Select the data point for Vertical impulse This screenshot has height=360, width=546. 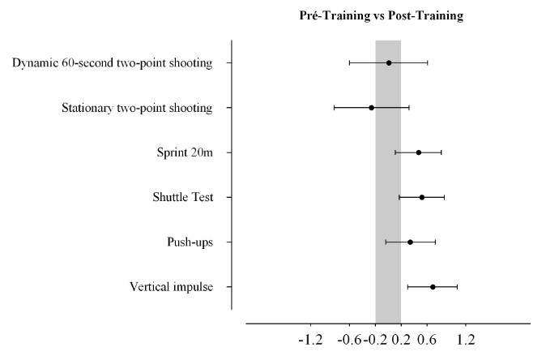(433, 287)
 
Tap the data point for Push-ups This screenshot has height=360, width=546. (410, 242)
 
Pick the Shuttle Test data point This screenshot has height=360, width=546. (422, 197)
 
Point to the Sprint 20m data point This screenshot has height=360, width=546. (419, 152)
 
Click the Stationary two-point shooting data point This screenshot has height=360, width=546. (372, 107)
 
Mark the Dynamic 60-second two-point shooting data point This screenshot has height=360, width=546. (389, 62)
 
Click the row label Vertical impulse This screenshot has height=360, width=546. (171, 287)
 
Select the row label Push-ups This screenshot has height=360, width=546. (190, 242)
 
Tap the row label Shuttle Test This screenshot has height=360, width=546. (183, 197)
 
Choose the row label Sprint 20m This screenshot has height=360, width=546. (185, 152)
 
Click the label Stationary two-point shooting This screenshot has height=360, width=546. (138, 108)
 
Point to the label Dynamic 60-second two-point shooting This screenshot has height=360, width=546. (113, 63)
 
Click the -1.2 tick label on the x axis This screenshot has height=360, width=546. (311, 341)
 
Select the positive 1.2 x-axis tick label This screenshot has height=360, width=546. (465, 341)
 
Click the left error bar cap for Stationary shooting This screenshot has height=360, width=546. (334, 107)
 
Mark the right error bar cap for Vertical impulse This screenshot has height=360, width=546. (458, 287)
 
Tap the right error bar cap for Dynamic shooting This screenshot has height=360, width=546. (428, 62)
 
